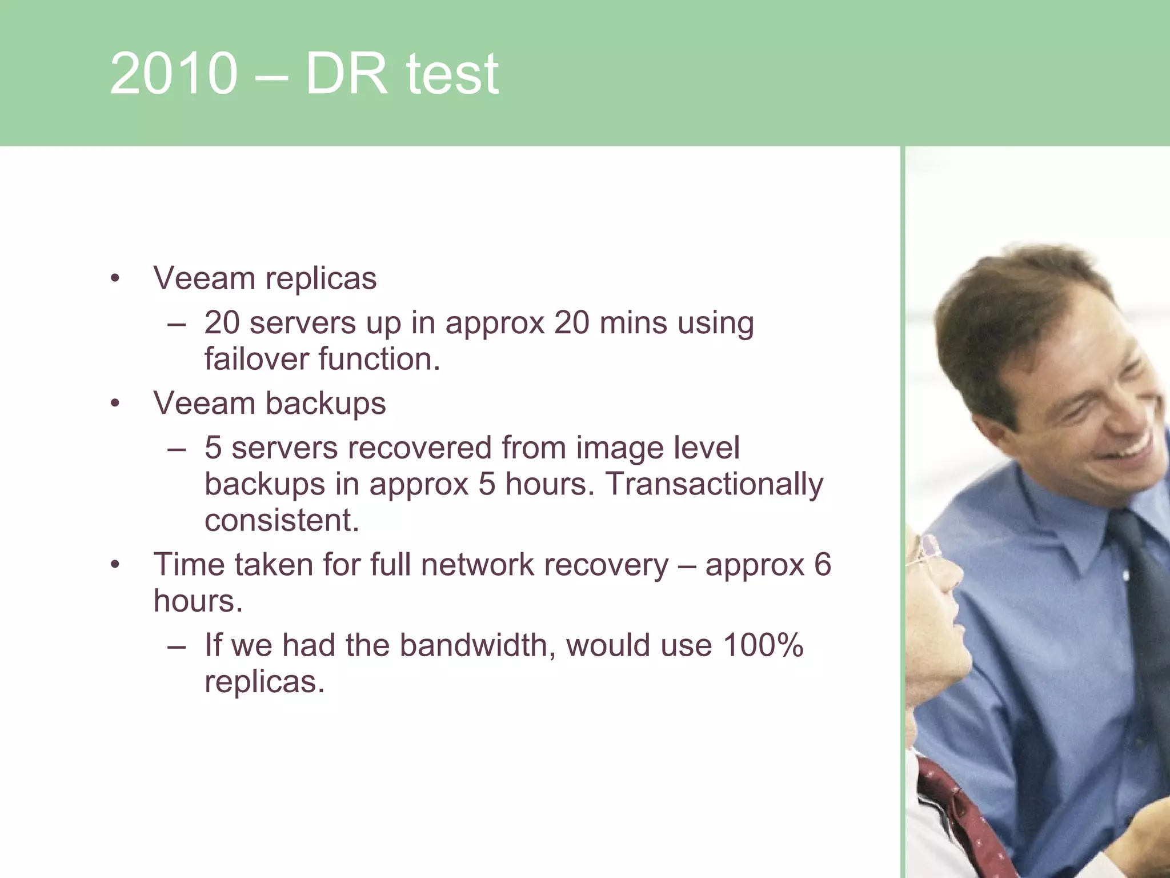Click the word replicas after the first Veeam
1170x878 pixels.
click(x=321, y=279)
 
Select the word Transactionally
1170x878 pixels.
click(x=714, y=484)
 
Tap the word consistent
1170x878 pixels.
click(x=281, y=521)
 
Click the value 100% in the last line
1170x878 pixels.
click(x=763, y=645)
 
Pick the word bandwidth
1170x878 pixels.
click(x=474, y=645)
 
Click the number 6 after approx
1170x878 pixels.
click(x=822, y=565)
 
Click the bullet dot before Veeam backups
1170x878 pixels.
click(x=115, y=404)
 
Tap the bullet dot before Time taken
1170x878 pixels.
click(x=115, y=565)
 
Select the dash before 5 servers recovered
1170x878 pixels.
click(x=177, y=449)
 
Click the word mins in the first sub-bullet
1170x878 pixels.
click(x=633, y=323)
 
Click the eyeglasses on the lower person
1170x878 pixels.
click(x=925, y=549)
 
